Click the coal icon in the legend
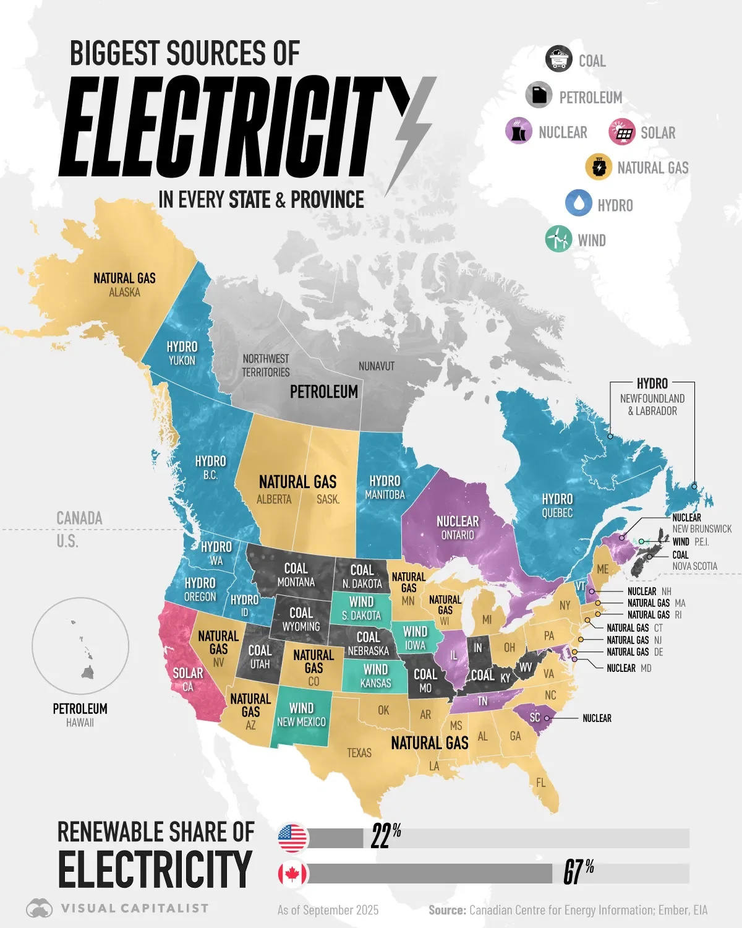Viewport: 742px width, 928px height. [x=559, y=59]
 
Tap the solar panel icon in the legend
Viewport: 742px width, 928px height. [x=622, y=132]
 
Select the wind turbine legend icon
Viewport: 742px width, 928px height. [x=558, y=239]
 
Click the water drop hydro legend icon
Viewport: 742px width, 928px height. [x=579, y=203]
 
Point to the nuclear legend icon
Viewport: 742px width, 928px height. [x=518, y=131]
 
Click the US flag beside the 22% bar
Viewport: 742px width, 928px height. [x=293, y=838]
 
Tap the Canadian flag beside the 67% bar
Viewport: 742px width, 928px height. [x=293, y=874]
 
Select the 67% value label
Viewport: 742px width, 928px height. [x=578, y=872]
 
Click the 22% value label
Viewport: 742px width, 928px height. [x=386, y=836]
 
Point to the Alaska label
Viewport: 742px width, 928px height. [x=124, y=292]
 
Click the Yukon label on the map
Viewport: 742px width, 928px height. [x=182, y=361]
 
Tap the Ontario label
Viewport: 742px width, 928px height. [x=458, y=535]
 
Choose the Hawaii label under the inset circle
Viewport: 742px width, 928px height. [x=80, y=723]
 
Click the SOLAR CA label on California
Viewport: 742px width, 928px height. [x=188, y=679]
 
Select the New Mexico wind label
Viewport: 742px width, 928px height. [x=301, y=715]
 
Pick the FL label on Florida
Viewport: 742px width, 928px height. [x=541, y=783]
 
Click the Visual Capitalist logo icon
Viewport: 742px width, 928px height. [x=39, y=908]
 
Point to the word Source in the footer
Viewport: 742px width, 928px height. [x=447, y=910]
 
